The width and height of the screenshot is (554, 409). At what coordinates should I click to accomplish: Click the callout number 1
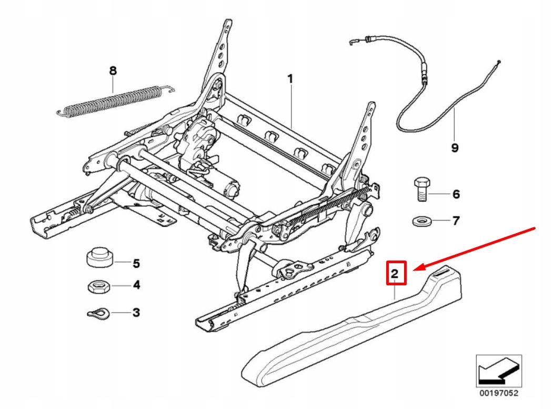[x=290, y=79]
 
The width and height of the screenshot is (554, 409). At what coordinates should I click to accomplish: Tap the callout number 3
[x=136, y=313]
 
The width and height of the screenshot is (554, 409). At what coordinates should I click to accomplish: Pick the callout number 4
[x=136, y=285]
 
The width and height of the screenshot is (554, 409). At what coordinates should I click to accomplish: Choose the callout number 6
[x=456, y=194]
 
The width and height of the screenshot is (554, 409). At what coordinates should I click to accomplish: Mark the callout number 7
[x=456, y=220]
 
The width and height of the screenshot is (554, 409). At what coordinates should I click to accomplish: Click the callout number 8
[x=112, y=71]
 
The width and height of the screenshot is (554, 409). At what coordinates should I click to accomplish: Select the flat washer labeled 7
[x=419, y=220]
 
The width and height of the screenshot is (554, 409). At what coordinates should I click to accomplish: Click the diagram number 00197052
[x=498, y=393]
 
